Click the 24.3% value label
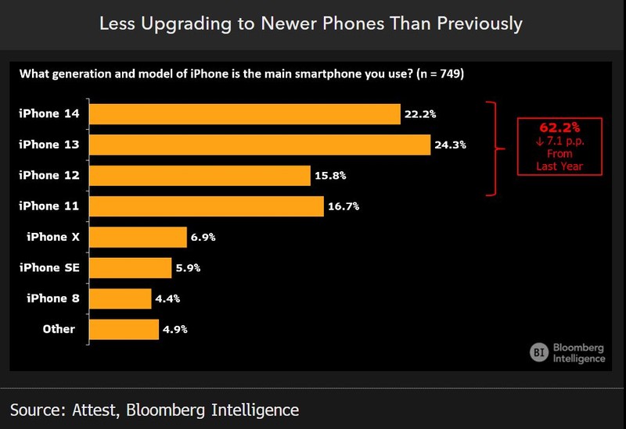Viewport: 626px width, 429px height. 451,145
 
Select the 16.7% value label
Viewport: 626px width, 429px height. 344,206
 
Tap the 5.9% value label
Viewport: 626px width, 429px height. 189,268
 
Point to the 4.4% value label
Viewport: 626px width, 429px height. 168,299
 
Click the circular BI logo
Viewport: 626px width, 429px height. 539,352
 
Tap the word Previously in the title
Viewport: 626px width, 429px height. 482,23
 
